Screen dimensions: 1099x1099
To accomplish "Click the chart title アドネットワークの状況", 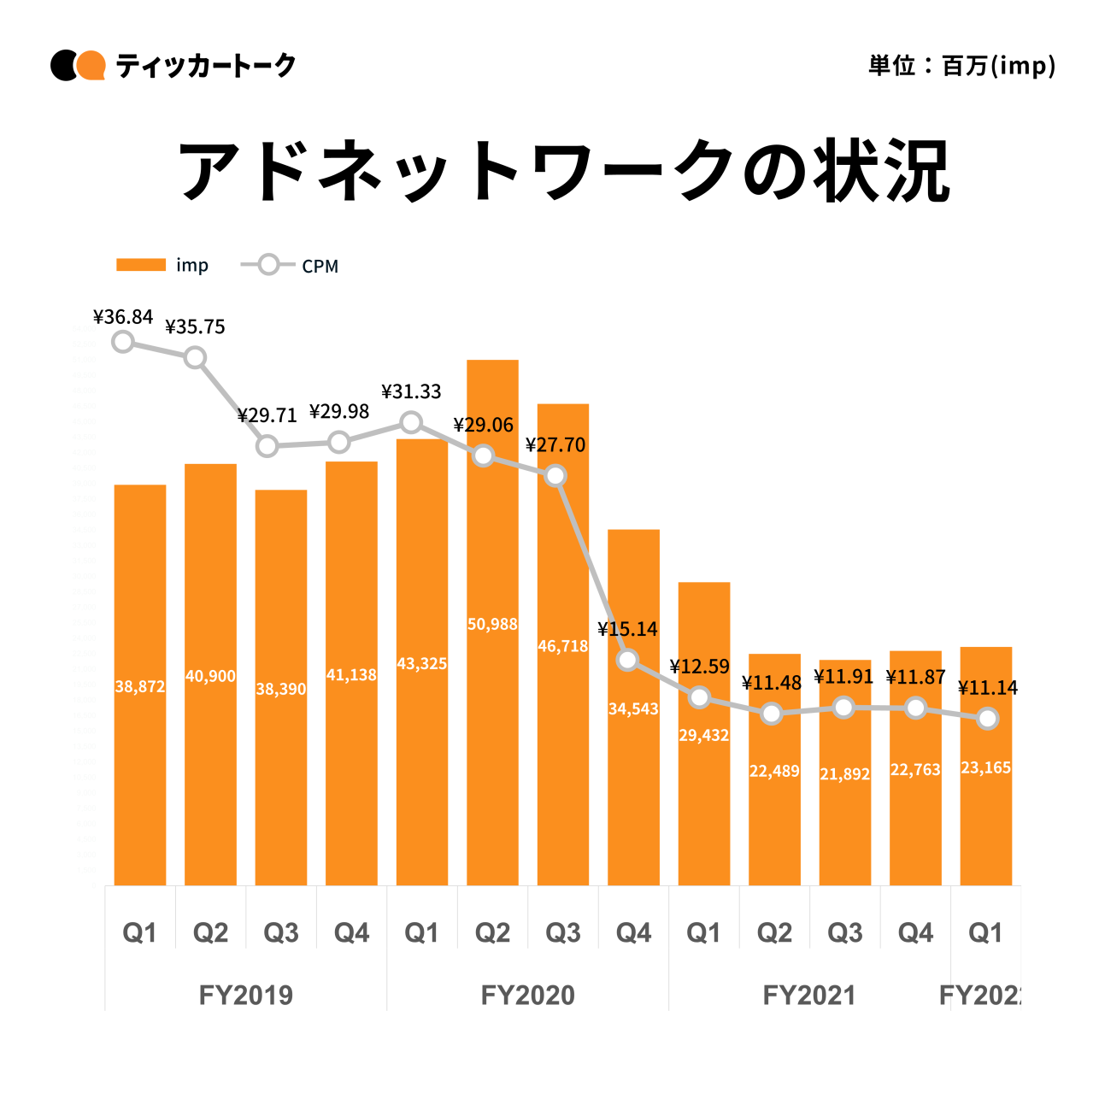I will click(563, 171).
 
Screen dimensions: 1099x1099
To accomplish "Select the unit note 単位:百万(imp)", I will click(961, 66).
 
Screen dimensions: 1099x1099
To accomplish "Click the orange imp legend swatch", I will click(141, 265).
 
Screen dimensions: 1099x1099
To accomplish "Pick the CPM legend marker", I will click(268, 265).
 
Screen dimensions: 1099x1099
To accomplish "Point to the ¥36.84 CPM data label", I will click(123, 317).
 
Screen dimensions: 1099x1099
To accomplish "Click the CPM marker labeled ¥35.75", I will click(195, 357).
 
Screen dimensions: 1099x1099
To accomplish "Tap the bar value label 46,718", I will click(562, 646).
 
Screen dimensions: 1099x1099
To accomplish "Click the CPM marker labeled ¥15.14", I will click(627, 660).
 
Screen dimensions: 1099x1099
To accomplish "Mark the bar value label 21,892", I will click(844, 774).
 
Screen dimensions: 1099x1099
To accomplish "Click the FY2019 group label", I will click(246, 995).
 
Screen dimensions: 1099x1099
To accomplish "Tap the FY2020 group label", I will click(528, 995).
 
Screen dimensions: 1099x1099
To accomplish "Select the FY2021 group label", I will click(809, 995).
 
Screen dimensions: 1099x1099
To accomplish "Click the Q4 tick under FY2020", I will click(633, 932).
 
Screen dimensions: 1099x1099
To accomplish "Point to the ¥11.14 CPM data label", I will click(988, 688).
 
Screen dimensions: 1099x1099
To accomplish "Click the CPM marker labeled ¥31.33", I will click(411, 422).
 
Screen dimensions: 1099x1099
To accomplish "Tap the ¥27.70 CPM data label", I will click(555, 445).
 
